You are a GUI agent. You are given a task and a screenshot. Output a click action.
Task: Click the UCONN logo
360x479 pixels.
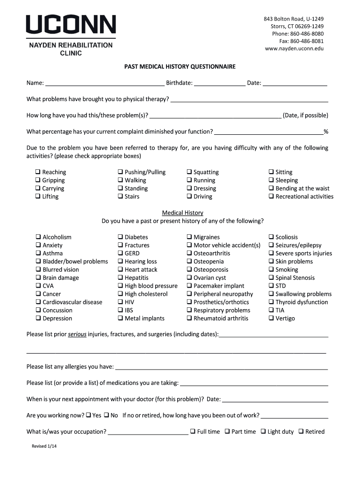(x=71, y=24)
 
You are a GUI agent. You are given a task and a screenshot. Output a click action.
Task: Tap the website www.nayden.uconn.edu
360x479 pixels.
(x=294, y=49)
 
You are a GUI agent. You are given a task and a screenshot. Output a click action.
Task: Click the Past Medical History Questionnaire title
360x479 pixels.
(x=180, y=67)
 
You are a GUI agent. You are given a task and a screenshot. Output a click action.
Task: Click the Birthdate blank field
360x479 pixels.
(x=220, y=84)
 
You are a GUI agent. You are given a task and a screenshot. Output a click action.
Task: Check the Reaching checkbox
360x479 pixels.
(x=38, y=172)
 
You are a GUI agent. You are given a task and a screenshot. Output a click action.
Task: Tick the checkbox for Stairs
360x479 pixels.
(x=120, y=196)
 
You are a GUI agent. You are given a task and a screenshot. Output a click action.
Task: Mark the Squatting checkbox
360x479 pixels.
(x=189, y=172)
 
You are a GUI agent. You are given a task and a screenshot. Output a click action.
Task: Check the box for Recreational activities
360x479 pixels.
(x=271, y=196)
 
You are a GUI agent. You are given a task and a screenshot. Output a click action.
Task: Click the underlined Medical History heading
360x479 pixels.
(x=182, y=213)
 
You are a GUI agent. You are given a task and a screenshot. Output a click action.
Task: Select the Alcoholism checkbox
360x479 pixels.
(x=38, y=237)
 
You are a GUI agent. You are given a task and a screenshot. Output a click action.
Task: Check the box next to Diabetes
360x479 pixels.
(x=120, y=237)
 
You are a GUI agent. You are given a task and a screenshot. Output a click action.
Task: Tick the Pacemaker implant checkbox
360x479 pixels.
(x=189, y=286)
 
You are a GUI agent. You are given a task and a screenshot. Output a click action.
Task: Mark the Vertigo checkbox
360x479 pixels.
(x=271, y=319)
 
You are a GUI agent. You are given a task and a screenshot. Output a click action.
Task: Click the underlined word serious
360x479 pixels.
(x=77, y=335)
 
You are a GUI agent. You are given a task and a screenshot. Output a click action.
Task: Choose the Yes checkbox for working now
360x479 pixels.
(x=88, y=415)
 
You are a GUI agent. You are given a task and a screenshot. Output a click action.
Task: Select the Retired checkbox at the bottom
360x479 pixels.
(x=301, y=431)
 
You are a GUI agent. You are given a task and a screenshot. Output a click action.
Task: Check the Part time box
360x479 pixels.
(x=227, y=431)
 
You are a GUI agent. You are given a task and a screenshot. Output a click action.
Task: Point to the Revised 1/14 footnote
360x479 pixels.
(x=45, y=446)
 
